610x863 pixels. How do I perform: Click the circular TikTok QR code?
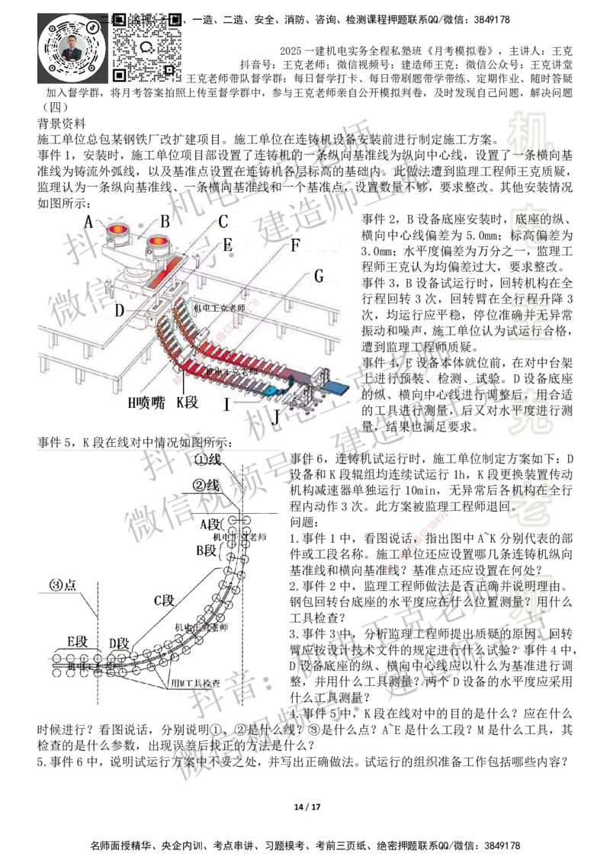[x=71, y=47]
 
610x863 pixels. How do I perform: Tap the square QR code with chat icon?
[x=148, y=46]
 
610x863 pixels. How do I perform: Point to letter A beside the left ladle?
[x=88, y=222]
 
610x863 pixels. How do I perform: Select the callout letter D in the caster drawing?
[x=118, y=310]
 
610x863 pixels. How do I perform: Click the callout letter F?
[x=295, y=244]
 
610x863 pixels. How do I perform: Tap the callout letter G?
[x=317, y=275]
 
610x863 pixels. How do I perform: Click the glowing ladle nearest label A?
[x=118, y=230]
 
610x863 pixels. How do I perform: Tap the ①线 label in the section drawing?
[x=207, y=458]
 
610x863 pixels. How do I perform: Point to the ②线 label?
[x=205, y=486]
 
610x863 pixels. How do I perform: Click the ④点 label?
[x=63, y=584]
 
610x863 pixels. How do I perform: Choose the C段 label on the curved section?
[x=164, y=600]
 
